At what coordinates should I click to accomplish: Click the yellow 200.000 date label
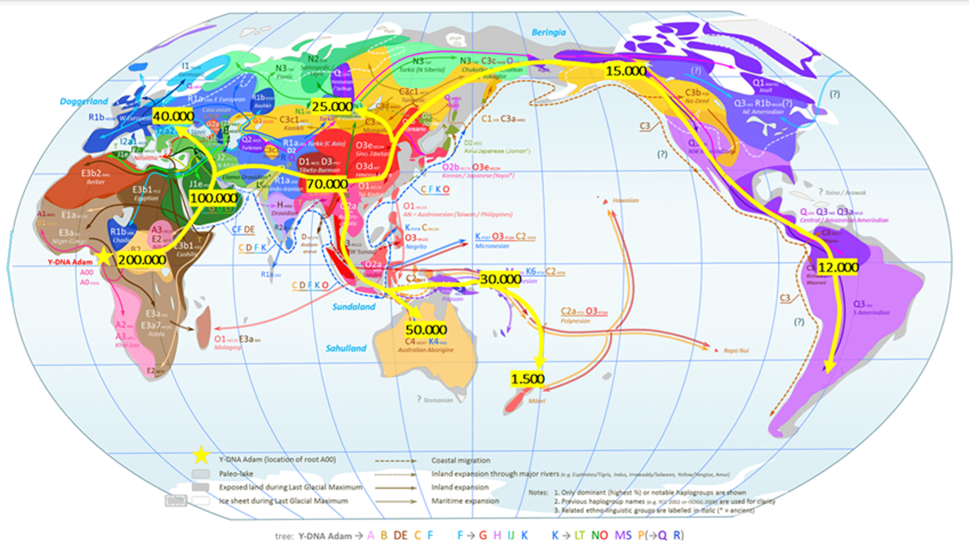tap(142, 260)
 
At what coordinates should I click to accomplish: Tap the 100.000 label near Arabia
tap(213, 198)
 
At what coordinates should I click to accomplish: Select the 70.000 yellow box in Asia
tap(327, 184)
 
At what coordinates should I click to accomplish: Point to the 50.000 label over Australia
tap(426, 330)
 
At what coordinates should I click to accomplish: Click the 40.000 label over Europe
tap(173, 116)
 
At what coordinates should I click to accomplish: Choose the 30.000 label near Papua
tap(500, 279)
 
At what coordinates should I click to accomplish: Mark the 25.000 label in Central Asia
tap(331, 107)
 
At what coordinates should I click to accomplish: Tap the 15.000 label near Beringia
tap(626, 71)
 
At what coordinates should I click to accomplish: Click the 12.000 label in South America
tap(838, 267)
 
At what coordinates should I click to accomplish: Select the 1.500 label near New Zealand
tap(527, 379)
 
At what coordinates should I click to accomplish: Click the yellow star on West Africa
tap(104, 257)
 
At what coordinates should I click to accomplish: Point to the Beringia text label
tap(548, 33)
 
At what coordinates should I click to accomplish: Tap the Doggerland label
tap(84, 101)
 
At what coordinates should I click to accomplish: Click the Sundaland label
tap(353, 307)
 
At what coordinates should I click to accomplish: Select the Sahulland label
tap(346, 348)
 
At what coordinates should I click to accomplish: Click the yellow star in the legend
tap(201, 455)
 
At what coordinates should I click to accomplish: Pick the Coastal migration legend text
tap(460, 461)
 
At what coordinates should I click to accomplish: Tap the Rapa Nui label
tap(736, 350)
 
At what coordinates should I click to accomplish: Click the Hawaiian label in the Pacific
tap(625, 200)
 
